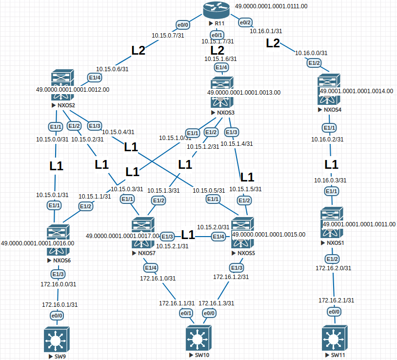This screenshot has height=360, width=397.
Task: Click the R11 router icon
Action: (216, 10)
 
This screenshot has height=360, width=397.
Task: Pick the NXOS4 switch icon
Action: (329, 89)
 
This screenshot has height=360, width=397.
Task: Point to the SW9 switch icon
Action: (56, 339)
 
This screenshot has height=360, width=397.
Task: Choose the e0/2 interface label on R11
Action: (245, 22)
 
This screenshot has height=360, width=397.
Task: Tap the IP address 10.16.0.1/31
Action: (266, 31)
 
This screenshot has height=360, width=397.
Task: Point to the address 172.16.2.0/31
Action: (334, 268)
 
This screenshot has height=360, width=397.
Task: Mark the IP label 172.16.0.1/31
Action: (60, 305)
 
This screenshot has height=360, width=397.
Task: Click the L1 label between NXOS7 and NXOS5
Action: (188, 235)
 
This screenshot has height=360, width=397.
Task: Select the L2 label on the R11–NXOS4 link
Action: (273, 43)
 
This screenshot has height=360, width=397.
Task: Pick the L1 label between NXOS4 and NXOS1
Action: (332, 163)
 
